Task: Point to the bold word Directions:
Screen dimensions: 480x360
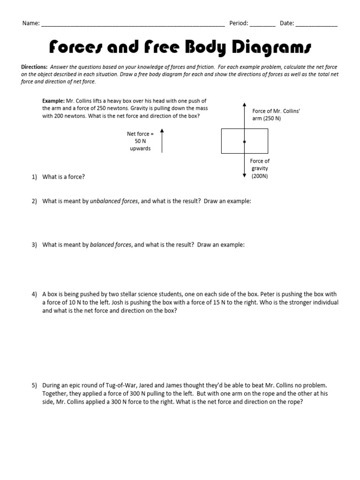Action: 34,67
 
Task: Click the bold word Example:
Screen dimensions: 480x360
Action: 52,101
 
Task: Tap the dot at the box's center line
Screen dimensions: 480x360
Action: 245,141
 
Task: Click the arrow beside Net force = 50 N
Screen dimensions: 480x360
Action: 162,141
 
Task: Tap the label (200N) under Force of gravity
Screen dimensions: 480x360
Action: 260,176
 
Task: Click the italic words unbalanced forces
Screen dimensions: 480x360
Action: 114,201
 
